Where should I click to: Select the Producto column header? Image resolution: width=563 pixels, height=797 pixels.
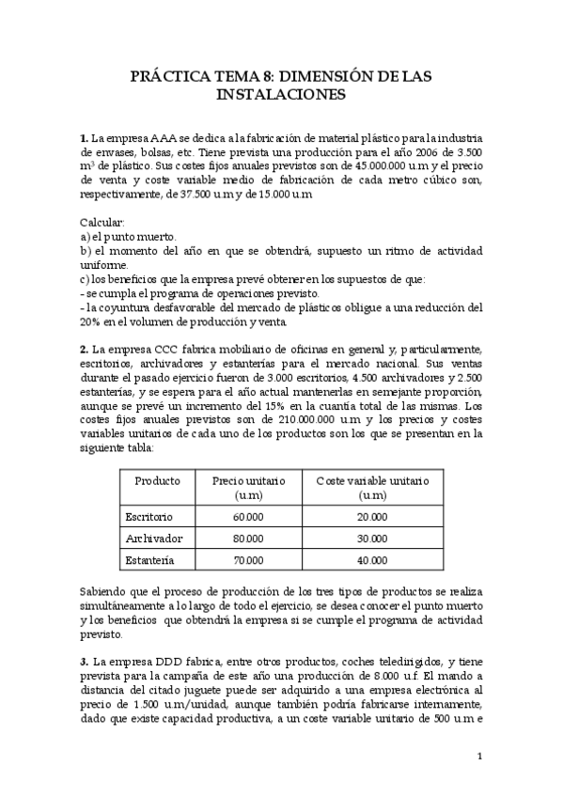tap(157, 480)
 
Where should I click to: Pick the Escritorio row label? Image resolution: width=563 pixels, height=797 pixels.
tap(149, 517)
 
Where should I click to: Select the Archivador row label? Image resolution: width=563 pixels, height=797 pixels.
tap(152, 539)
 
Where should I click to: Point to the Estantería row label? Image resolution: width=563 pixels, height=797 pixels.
tap(149, 560)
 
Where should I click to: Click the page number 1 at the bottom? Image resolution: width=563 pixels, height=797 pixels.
tap(479, 756)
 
